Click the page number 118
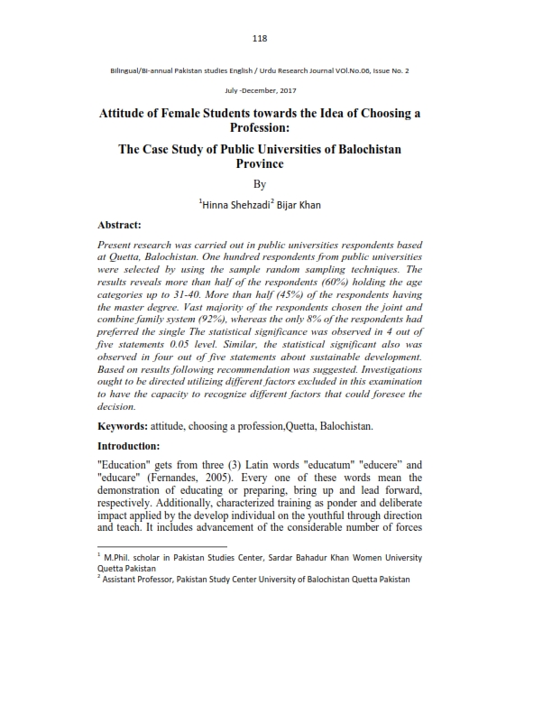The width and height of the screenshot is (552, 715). tap(261, 38)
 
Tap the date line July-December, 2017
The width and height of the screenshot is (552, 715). tap(260, 91)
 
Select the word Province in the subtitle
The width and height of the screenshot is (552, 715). tap(260, 163)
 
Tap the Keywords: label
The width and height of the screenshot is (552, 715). tap(126, 424)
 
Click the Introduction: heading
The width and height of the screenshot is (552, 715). tap(134, 445)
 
